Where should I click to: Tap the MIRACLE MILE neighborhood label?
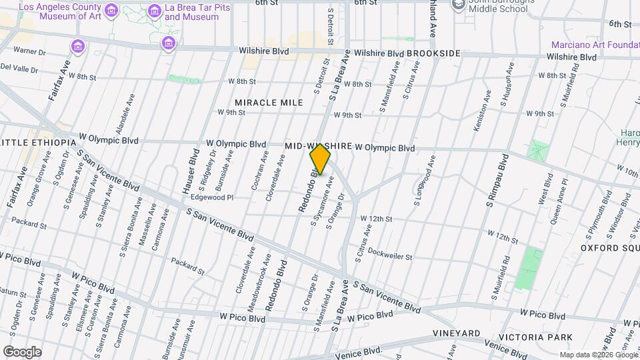pyautogui.click(x=269, y=103)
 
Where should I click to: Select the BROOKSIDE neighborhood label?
pyautogui.click(x=433, y=53)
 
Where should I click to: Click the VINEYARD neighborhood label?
pyautogui.click(x=457, y=333)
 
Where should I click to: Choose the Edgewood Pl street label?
pyautogui.click(x=212, y=197)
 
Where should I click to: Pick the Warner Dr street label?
pyautogui.click(x=29, y=51)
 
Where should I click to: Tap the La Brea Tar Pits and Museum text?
pyautogui.click(x=192, y=11)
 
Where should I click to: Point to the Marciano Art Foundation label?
pyautogui.click(x=595, y=45)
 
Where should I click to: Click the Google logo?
pyautogui.click(x=22, y=352)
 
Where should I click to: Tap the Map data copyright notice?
pyautogui.click(x=598, y=355)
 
